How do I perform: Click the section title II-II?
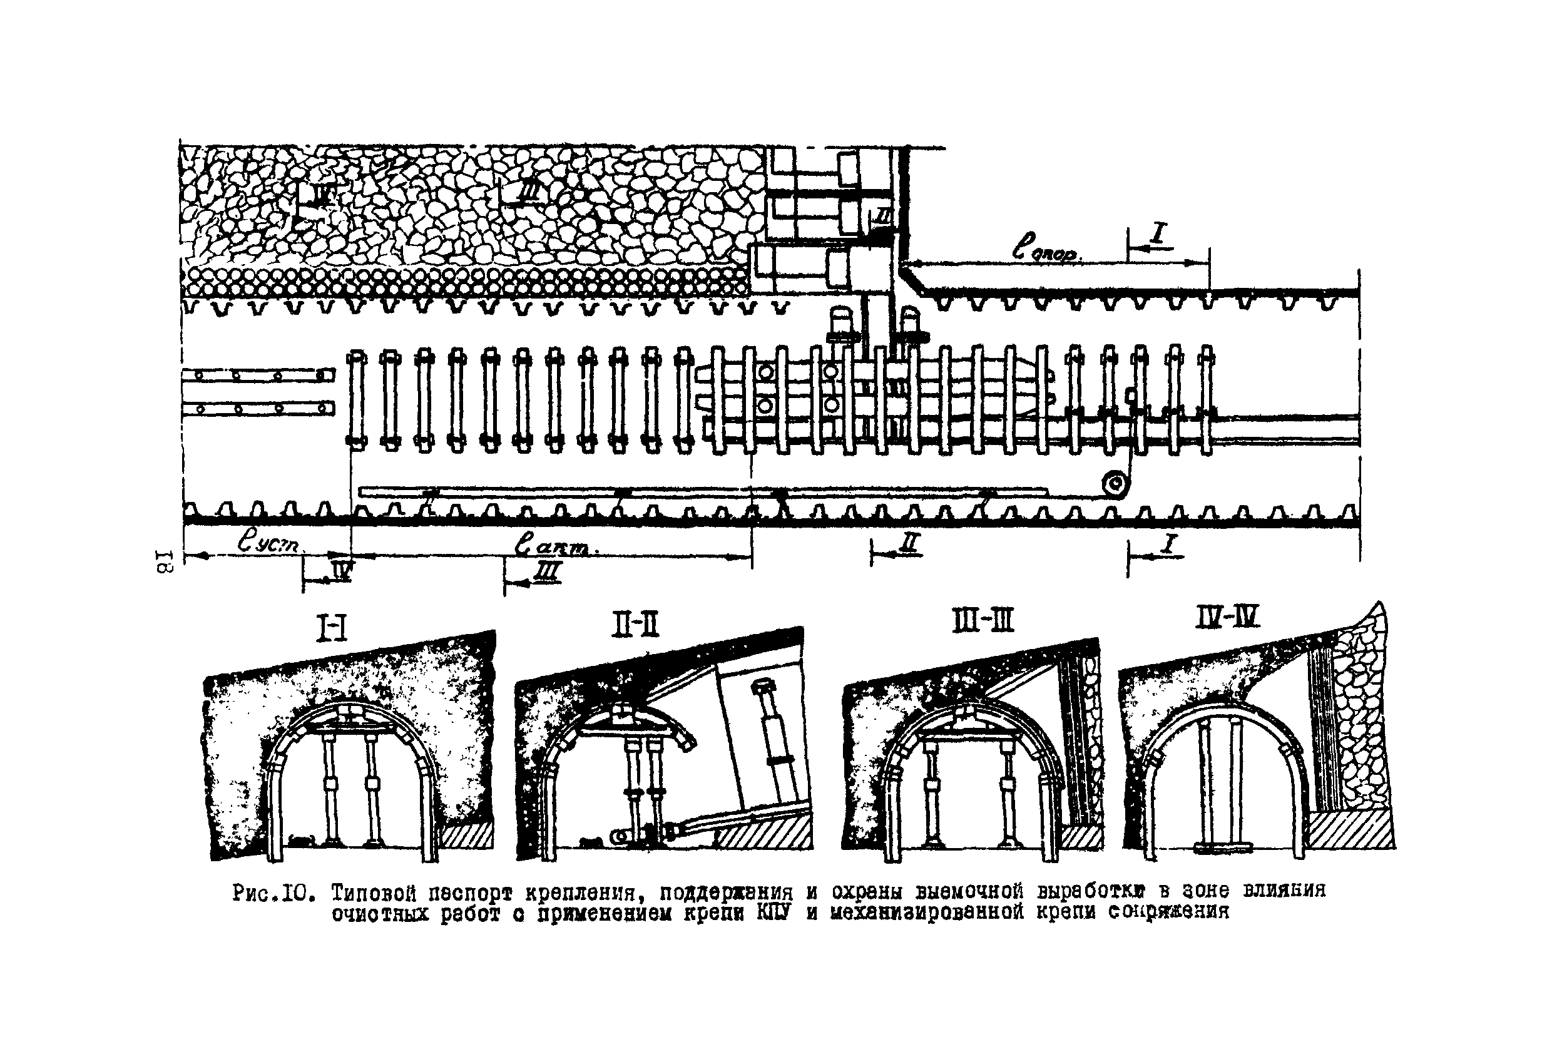[x=635, y=625]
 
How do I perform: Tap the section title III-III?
[x=983, y=621]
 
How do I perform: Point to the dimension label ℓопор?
[x=1046, y=250]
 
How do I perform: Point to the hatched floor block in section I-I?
[x=467, y=835]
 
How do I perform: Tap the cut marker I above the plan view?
[x=1157, y=234]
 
